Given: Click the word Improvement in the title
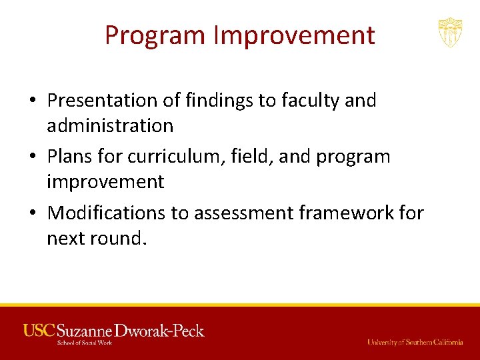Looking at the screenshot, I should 294,35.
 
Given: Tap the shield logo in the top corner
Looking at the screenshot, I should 450,33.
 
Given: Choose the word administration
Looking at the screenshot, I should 110,125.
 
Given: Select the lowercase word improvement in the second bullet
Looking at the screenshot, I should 105,182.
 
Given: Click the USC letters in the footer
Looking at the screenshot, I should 39,330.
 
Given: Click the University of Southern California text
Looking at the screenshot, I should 415,342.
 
